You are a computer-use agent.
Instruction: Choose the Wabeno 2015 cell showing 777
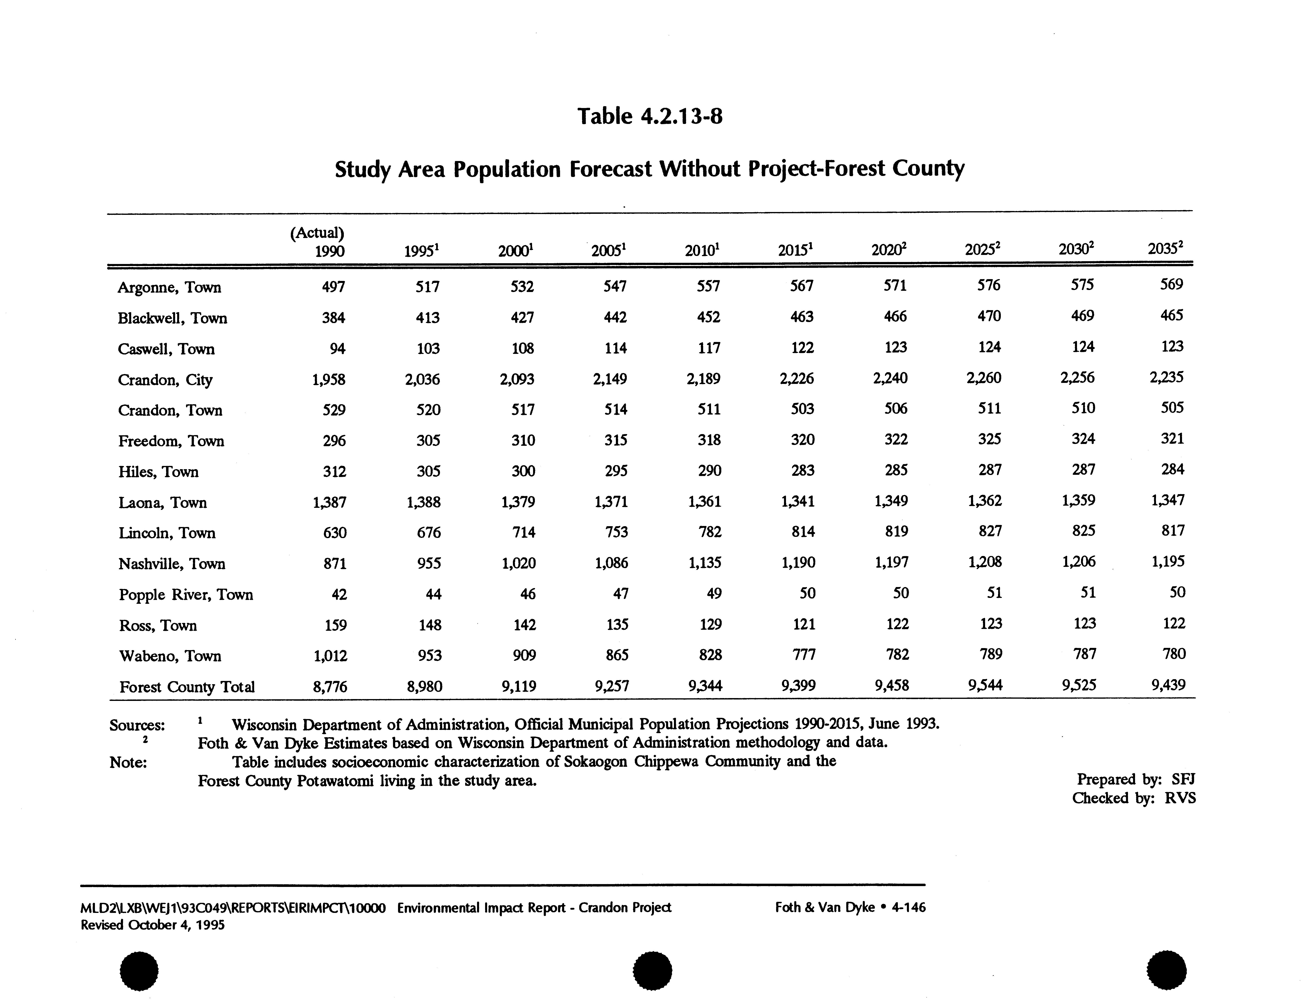pos(804,655)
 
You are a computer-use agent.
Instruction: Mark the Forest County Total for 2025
pos(985,685)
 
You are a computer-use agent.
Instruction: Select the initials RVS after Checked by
pos(1180,798)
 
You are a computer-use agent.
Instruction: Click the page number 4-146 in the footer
pos(908,907)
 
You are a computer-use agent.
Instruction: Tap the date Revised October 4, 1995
pos(153,925)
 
